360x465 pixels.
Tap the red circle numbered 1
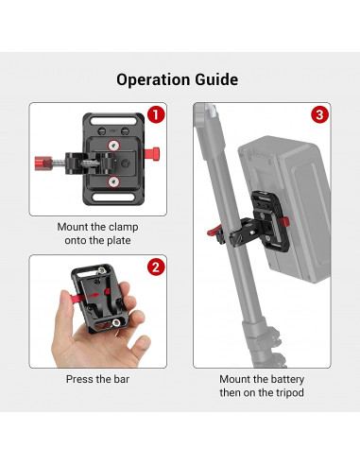pos(157,115)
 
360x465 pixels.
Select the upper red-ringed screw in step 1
pos(114,144)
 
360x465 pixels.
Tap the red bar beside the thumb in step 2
pos(71,300)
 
